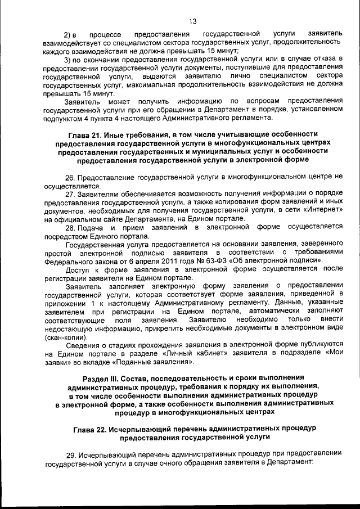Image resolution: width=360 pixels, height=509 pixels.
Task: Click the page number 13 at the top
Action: [192, 22]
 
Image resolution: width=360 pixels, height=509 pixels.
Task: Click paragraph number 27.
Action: [70, 194]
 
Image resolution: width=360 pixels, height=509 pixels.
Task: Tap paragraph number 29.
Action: [70, 454]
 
